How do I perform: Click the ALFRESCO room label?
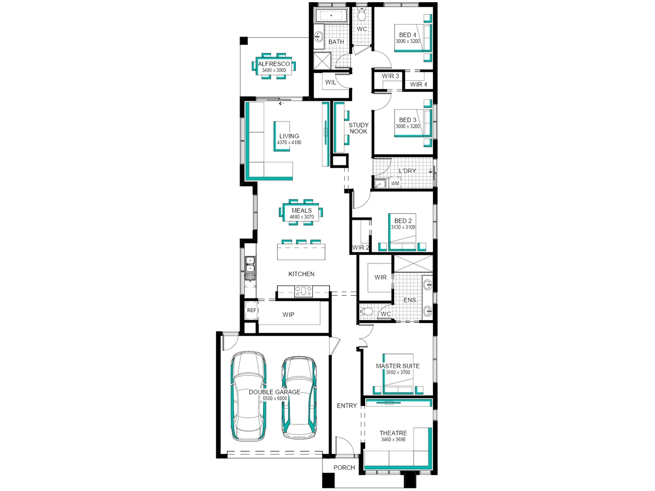[x=273, y=64]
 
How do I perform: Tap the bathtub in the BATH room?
[x=331, y=15]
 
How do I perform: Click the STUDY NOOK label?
[x=359, y=128]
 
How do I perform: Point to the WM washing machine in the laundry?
[x=395, y=183]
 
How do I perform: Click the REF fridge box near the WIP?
[x=252, y=310]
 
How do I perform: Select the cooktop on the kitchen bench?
[x=303, y=291]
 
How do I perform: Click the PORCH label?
[x=344, y=468]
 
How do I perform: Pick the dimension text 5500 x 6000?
[x=275, y=398]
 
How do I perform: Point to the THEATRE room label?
[x=393, y=433]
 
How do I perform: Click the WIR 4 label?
[x=418, y=85]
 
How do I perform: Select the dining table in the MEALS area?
[x=301, y=212]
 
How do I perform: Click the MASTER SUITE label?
[x=397, y=366]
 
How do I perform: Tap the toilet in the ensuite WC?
[x=366, y=312]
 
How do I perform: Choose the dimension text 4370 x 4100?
[x=289, y=142]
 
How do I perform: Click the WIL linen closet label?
[x=330, y=82]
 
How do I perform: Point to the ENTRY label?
[x=347, y=405]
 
